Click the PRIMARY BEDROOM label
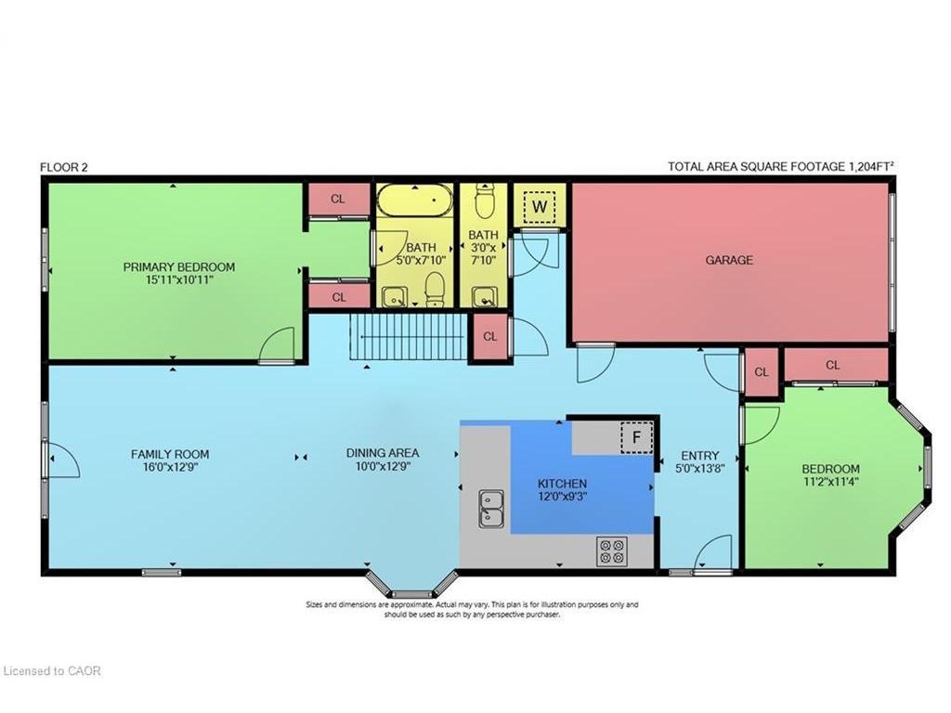pyautogui.click(x=179, y=267)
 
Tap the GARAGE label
pyautogui.click(x=729, y=261)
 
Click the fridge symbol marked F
pyautogui.click(x=636, y=437)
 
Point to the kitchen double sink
pyautogui.click(x=490, y=509)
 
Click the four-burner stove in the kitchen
pyautogui.click(x=611, y=551)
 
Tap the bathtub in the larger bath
pyautogui.click(x=414, y=200)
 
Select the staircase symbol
pyautogui.click(x=407, y=337)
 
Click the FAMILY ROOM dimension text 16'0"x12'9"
pyautogui.click(x=170, y=468)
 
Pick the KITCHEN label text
pyautogui.click(x=562, y=485)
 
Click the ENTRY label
pyautogui.click(x=699, y=455)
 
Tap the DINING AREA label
pyautogui.click(x=383, y=453)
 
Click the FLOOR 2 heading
pyautogui.click(x=64, y=167)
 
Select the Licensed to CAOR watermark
pyautogui.click(x=52, y=670)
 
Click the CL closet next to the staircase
pyautogui.click(x=489, y=337)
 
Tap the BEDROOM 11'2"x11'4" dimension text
pyautogui.click(x=830, y=482)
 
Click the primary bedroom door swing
pyautogui.click(x=278, y=345)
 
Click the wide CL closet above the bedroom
pyautogui.click(x=832, y=365)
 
